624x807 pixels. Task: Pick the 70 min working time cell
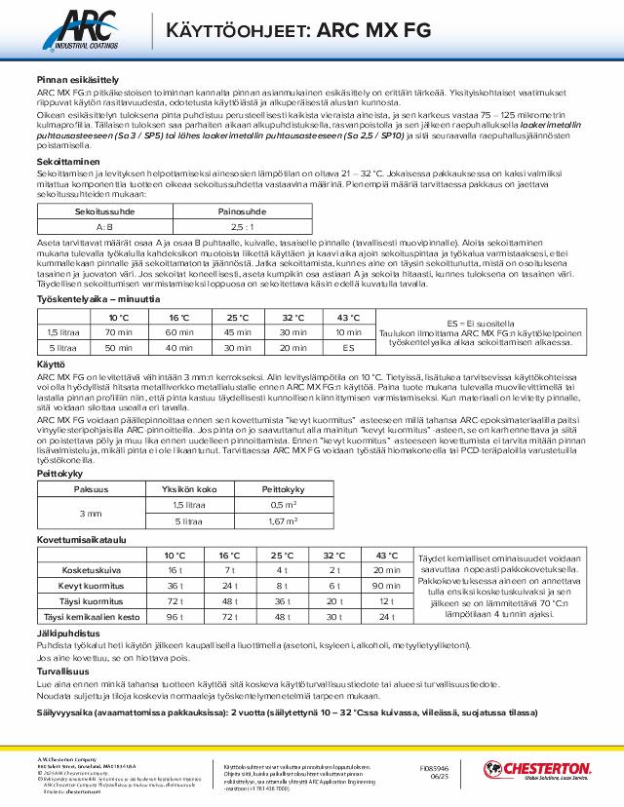[x=119, y=332]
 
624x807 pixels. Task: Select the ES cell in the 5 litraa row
[x=349, y=346]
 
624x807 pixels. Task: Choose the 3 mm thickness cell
[x=91, y=513]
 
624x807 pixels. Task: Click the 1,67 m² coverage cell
[x=283, y=521]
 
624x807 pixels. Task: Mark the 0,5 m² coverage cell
[x=283, y=504]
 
